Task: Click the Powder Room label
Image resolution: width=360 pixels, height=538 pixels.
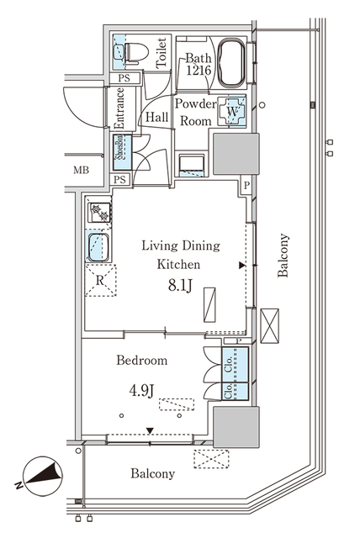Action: coord(194,111)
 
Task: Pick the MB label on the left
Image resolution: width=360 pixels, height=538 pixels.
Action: coord(81,170)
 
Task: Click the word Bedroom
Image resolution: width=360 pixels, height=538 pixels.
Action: coord(141,361)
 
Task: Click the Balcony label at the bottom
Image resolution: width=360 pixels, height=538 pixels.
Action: coord(152,473)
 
